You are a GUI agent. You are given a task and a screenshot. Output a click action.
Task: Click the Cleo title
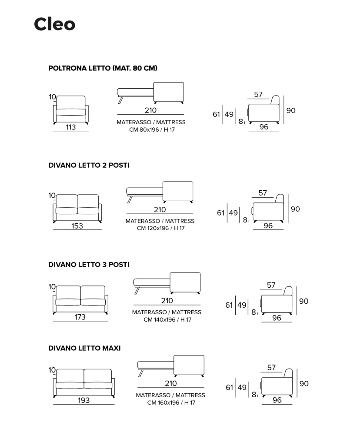(x=54, y=24)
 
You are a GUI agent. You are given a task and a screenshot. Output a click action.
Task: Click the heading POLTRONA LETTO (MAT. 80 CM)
(x=103, y=68)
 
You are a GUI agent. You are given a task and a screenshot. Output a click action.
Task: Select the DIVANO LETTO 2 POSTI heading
(x=89, y=165)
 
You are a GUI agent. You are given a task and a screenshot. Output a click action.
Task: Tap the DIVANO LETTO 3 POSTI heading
(x=89, y=265)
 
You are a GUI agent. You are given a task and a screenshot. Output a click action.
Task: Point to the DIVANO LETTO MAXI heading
(x=85, y=348)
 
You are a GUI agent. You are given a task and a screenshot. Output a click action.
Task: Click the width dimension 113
(x=71, y=127)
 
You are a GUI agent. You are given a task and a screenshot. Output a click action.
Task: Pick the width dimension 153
(x=77, y=226)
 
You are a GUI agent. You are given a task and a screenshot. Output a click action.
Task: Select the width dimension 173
(x=80, y=317)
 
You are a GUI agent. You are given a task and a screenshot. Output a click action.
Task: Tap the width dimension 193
(x=84, y=400)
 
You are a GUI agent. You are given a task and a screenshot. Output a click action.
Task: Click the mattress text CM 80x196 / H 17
(x=152, y=130)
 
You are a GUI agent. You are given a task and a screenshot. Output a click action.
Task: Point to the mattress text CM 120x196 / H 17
(x=161, y=228)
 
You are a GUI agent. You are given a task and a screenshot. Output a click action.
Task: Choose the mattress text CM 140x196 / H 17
(x=167, y=319)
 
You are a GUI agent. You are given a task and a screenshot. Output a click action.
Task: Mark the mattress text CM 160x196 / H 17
(x=171, y=402)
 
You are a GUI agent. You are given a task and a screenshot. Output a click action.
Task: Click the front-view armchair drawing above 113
(x=71, y=110)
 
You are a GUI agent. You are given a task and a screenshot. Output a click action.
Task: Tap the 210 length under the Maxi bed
(x=171, y=383)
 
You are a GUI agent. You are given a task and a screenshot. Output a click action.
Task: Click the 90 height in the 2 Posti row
(x=295, y=209)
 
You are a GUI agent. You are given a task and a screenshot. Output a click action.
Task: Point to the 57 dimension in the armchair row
(x=258, y=94)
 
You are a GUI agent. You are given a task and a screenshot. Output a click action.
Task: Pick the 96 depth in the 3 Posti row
(x=277, y=318)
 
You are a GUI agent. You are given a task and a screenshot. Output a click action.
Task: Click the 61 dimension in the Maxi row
(x=230, y=387)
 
